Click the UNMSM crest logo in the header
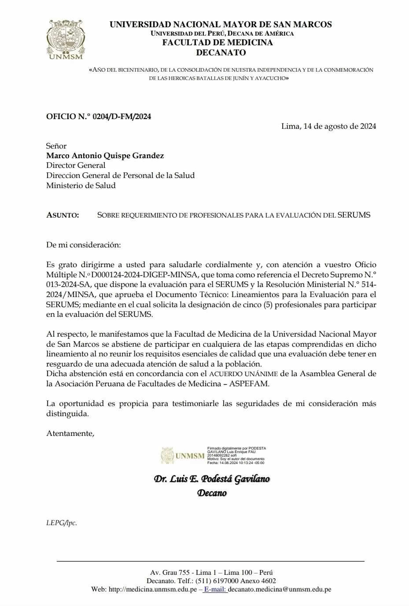65,39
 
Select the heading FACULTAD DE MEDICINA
217,43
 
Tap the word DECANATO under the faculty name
221,53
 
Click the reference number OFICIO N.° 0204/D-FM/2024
99,116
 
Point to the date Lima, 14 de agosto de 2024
328,126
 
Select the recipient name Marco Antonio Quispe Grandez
105,156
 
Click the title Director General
76,165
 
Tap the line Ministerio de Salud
81,185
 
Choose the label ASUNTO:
63,215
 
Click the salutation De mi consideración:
83,245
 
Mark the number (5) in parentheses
267,305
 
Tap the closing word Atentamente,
70,433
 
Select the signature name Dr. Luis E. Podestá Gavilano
212,479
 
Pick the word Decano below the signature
212,493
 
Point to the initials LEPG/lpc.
62,523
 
